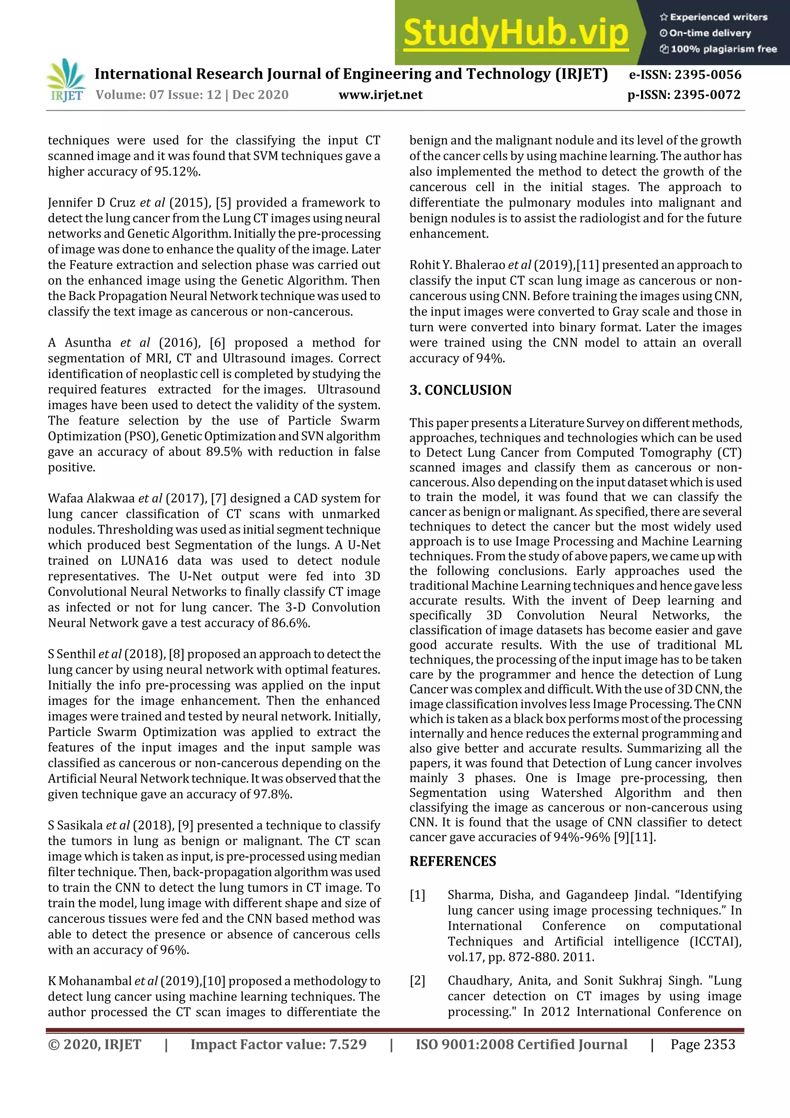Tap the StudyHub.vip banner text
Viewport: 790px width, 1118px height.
tap(516, 33)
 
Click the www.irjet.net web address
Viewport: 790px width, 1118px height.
tap(381, 95)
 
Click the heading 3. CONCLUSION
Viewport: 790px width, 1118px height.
tap(461, 390)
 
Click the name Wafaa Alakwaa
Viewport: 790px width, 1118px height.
tap(91, 498)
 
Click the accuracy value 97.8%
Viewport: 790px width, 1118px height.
tap(273, 794)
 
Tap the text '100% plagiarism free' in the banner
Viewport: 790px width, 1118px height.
tap(723, 49)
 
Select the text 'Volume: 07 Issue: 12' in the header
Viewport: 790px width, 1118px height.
tap(158, 95)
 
